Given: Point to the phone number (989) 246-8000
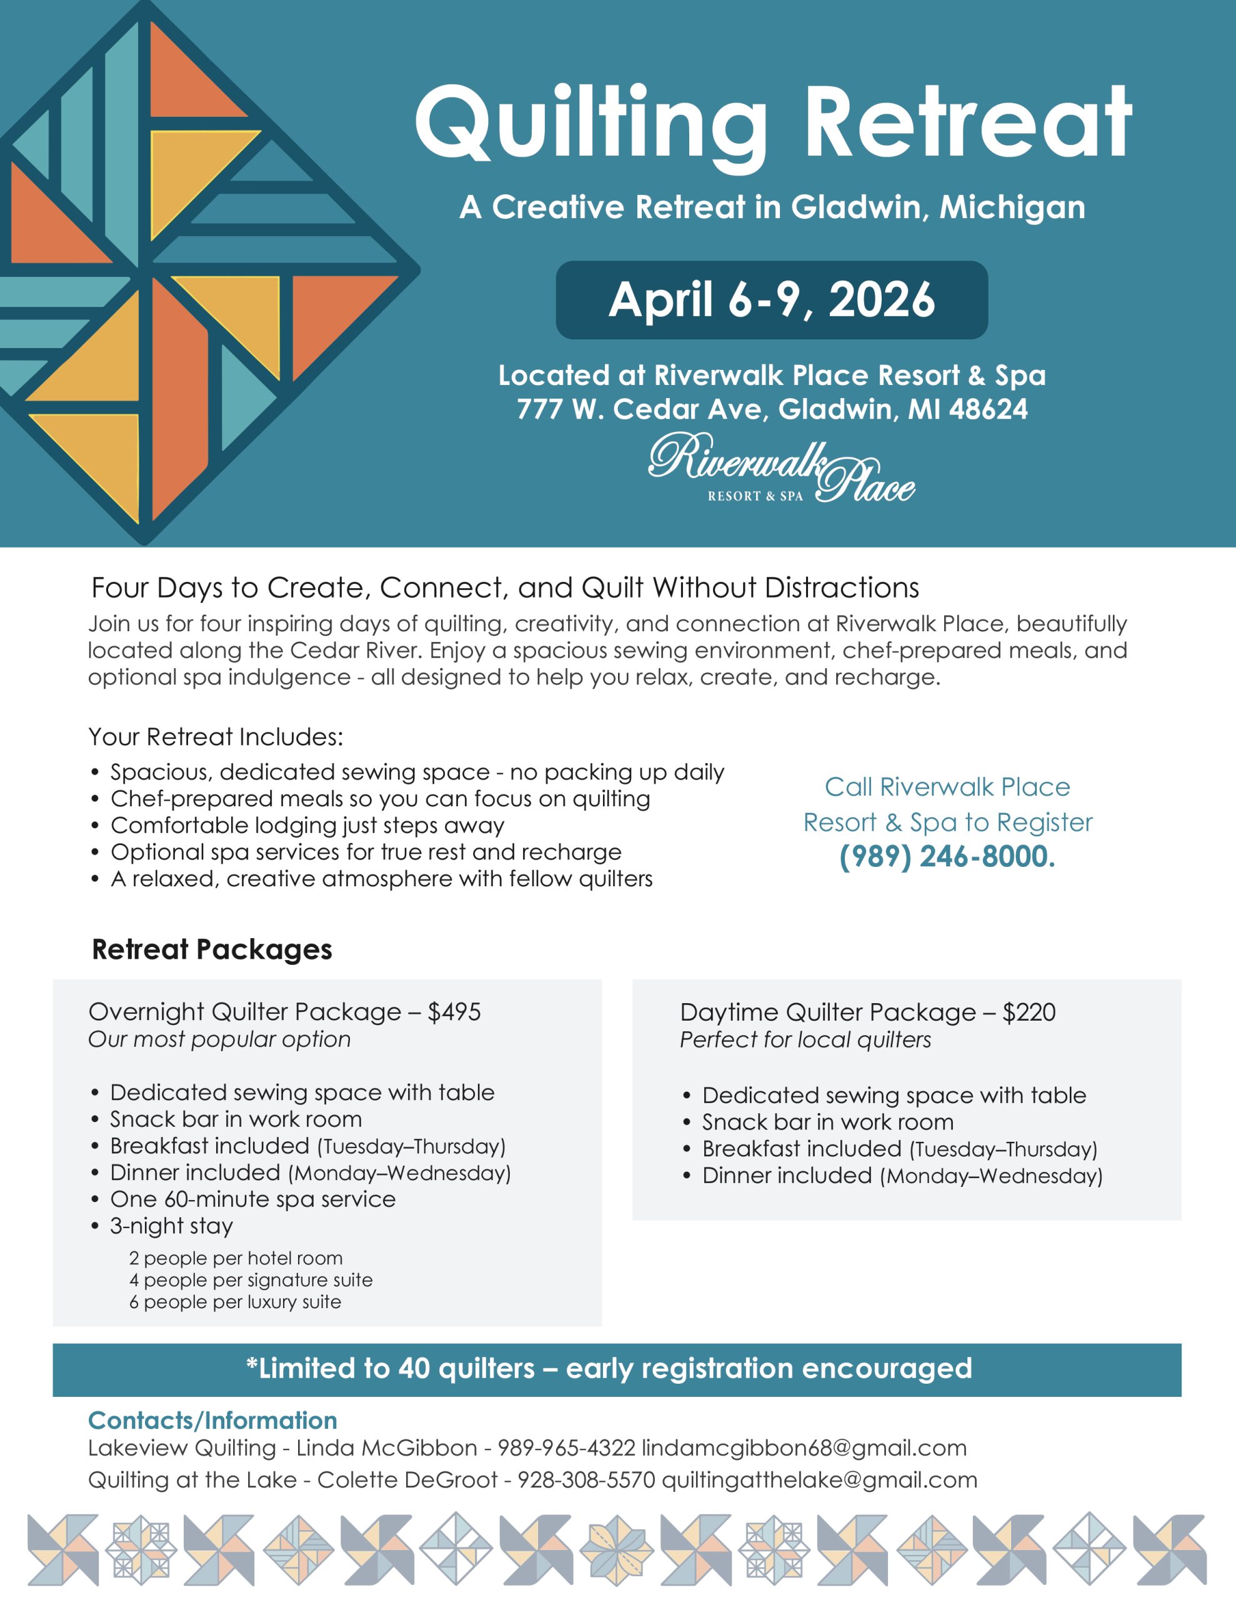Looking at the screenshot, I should pos(947,856).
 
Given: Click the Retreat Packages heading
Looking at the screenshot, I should pos(212,949).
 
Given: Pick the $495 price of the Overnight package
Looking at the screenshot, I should pos(454,1012).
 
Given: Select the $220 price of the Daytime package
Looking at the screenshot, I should pos(1029,1012).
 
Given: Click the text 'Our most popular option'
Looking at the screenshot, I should pos(219,1039).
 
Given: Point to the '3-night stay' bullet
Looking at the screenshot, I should pos(171,1226).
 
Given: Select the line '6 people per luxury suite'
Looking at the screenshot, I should pos(234,1302).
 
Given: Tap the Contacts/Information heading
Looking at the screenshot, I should pos(212,1421).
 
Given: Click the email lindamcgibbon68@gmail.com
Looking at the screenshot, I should pos(804,1448).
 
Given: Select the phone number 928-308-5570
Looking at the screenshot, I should pos(586,1481).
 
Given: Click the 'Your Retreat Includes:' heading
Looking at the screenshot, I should pos(216,737).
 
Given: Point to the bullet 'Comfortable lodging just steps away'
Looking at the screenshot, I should pos(307,826).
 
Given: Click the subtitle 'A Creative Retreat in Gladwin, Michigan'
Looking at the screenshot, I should pos(772,207).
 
